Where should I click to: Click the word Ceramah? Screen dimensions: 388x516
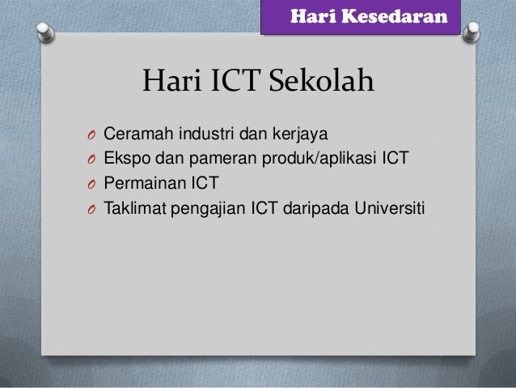(136, 132)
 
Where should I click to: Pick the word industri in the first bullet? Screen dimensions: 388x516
(203, 132)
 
